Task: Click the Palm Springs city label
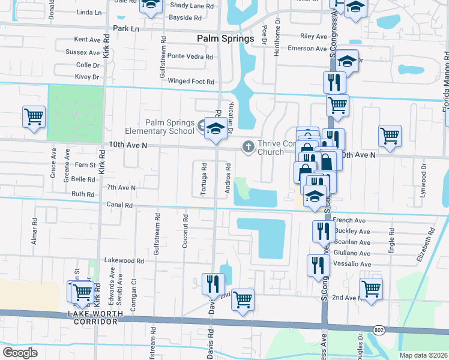coord(226,38)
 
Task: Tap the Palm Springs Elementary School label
coord(160,127)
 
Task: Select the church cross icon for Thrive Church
coord(248,146)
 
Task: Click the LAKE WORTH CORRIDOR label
coord(96,318)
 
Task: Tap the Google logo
coord(20,353)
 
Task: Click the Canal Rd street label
coord(120,205)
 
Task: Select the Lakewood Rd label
coord(124,261)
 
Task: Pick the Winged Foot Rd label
coord(191,81)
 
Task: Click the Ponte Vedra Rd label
coord(190,56)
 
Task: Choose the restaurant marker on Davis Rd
coord(212,283)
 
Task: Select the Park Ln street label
coord(125,29)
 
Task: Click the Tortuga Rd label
coord(204,179)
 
